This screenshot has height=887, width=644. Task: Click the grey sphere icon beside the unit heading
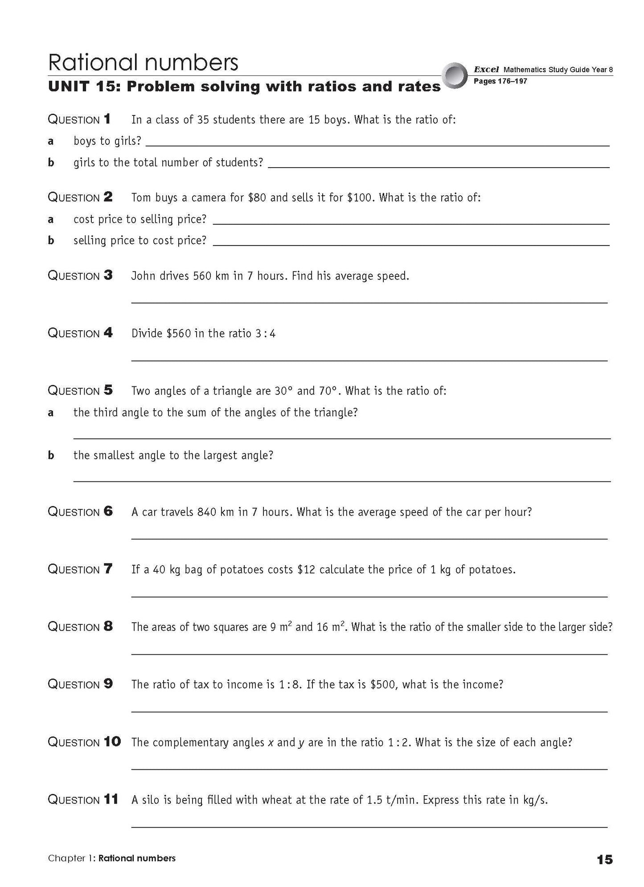[x=455, y=75]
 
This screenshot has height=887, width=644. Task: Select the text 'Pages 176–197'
[x=500, y=82]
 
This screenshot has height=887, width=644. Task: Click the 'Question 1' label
[x=79, y=119]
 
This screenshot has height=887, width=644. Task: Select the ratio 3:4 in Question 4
[x=266, y=333]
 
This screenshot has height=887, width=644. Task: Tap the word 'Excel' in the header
[x=486, y=70]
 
